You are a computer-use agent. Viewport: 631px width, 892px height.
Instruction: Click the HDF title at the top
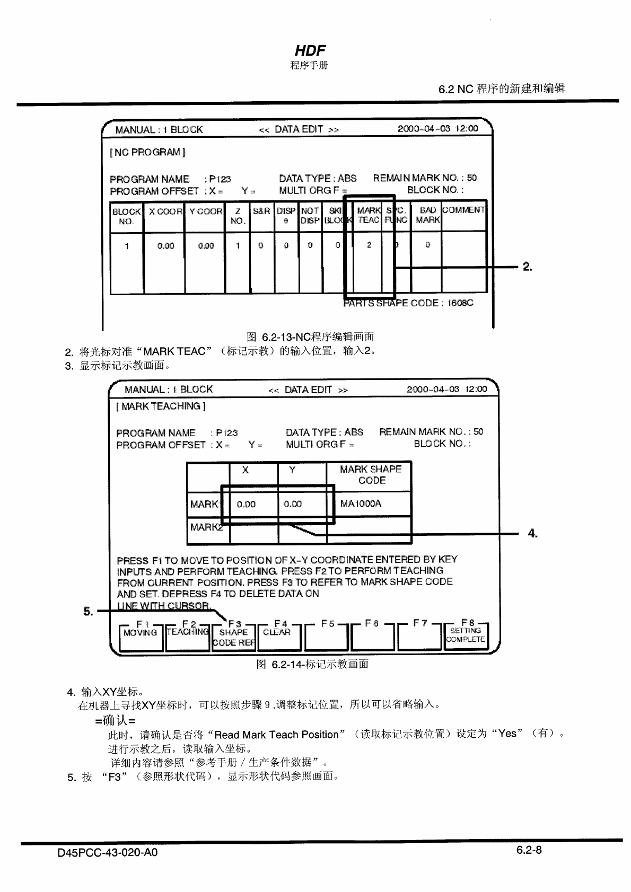tap(310, 51)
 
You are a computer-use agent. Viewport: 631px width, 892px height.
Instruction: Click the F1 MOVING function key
tap(140, 636)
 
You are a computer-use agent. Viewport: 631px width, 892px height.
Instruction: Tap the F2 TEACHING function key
tap(187, 636)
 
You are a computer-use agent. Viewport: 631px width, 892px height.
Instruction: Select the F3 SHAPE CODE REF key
tap(233, 636)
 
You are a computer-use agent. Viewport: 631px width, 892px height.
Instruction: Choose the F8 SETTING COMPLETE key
tap(465, 635)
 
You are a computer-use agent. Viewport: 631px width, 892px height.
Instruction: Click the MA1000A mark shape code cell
tap(361, 504)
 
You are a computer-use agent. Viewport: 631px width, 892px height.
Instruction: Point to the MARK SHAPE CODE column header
tap(371, 474)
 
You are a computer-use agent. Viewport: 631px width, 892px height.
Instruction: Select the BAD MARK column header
tap(427, 215)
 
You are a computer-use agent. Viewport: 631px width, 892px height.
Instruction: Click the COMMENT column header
tap(463, 210)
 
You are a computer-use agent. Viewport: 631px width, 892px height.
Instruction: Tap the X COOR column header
tap(165, 211)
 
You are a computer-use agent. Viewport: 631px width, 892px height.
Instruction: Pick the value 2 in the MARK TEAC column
tap(369, 245)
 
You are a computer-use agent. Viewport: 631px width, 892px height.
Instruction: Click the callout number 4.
tap(533, 533)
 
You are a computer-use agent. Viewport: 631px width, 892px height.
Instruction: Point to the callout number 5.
tap(88, 612)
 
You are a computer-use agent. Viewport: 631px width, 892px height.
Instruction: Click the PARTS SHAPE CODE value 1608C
tap(460, 303)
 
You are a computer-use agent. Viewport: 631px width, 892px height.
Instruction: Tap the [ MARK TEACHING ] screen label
tap(161, 406)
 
